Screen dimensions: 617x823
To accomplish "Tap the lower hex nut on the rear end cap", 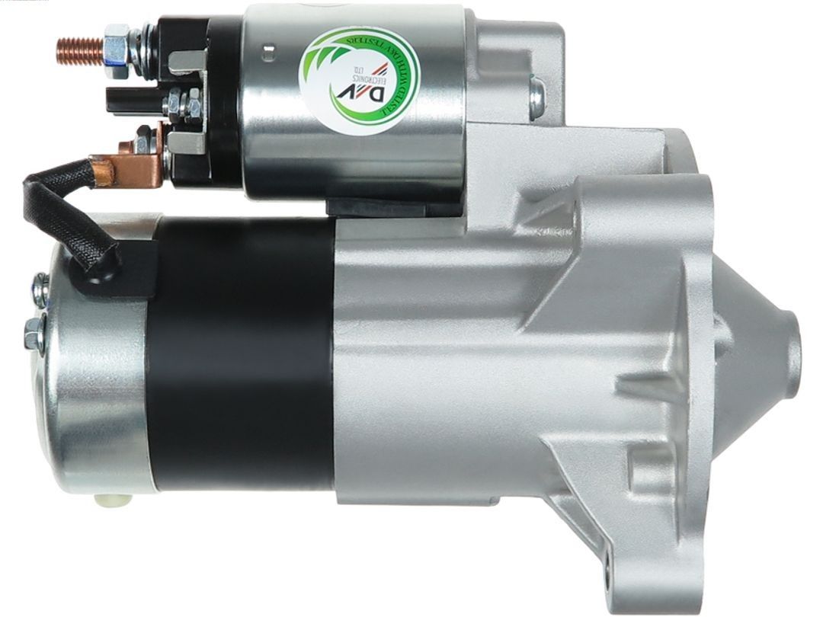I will (34, 332).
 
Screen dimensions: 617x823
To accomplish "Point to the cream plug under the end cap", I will (103, 500).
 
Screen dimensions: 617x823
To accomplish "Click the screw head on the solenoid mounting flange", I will (536, 95).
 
